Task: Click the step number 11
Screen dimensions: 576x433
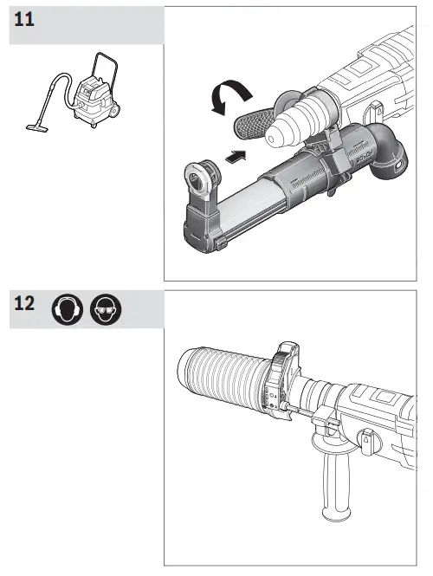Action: click(26, 19)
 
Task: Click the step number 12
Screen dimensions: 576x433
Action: click(26, 306)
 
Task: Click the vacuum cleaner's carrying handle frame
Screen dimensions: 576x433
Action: click(108, 65)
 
